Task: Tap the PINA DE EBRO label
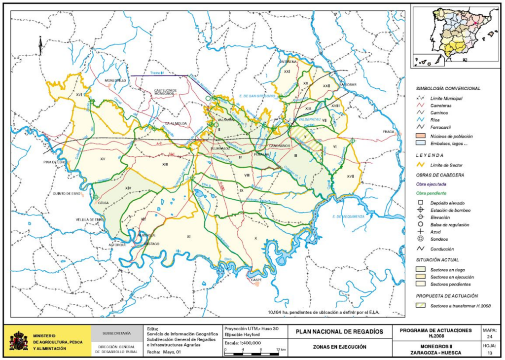click(x=55, y=162)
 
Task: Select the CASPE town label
click(x=255, y=280)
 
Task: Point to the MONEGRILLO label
click(x=116, y=80)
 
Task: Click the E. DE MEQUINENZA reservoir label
click(x=348, y=216)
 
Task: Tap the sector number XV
click(x=103, y=159)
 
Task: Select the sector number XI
click(x=188, y=237)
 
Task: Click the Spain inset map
click(x=454, y=37)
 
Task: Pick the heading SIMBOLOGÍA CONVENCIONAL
click(x=448, y=88)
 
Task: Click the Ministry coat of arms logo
click(x=19, y=341)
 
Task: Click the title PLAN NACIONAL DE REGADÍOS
click(x=339, y=331)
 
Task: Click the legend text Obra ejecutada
click(x=431, y=183)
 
